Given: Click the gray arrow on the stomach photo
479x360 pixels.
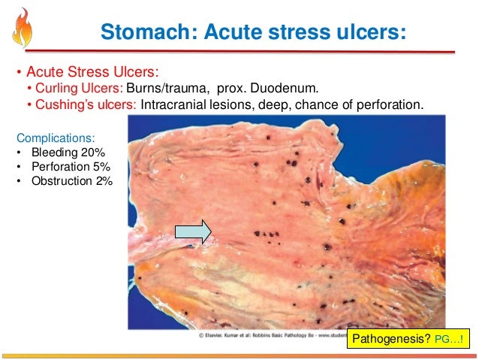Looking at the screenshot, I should point(193,233).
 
